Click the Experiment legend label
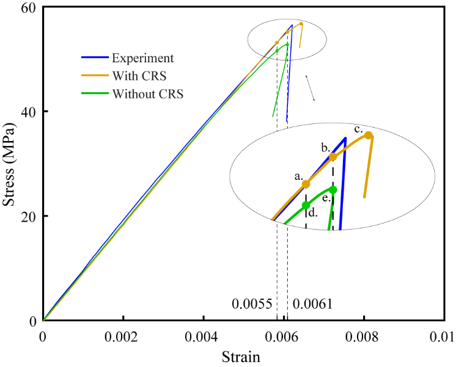coord(142,59)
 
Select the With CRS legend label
coord(139,76)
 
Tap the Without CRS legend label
coord(147,94)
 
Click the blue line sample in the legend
coord(95,59)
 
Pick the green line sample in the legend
coord(95,94)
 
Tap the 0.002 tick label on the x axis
coord(123,336)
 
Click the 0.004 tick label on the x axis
coord(203,336)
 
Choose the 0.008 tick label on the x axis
coord(363,336)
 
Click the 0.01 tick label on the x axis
coord(443,336)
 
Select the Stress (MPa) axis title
coord(9,164)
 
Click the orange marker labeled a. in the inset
coord(306,184)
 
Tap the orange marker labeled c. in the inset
coord(369,136)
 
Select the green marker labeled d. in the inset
coord(306,205)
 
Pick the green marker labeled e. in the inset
coord(333,190)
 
